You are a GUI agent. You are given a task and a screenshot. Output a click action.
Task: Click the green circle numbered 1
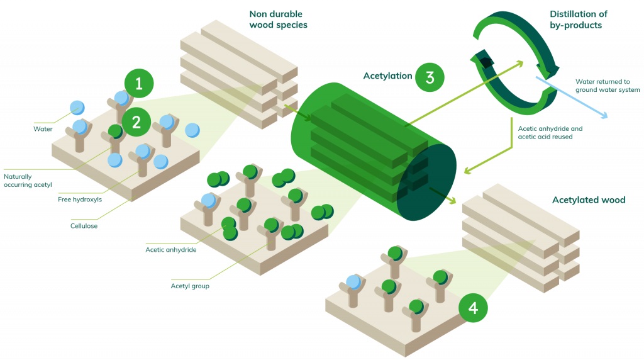tap(140, 83)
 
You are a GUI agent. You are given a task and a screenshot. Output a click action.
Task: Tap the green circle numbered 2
tap(137, 121)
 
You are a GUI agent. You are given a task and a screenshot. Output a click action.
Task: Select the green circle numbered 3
tap(430, 77)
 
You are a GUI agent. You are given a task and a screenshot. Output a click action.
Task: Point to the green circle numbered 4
tap(473, 308)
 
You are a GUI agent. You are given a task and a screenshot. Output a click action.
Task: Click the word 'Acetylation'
tap(387, 76)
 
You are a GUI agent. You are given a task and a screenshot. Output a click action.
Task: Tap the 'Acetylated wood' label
tap(588, 200)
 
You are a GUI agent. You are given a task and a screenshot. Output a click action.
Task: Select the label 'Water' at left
tap(43, 130)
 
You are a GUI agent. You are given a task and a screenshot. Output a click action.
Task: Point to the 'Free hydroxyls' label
tap(79, 200)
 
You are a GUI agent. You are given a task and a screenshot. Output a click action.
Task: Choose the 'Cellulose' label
tap(84, 225)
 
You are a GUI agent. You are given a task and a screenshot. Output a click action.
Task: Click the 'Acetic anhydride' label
tap(171, 250)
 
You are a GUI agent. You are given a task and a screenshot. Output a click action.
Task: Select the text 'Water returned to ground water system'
tap(607, 86)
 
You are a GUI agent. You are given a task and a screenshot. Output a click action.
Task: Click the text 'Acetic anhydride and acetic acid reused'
tap(550, 132)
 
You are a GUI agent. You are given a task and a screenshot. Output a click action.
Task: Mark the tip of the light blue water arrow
tap(606, 117)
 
